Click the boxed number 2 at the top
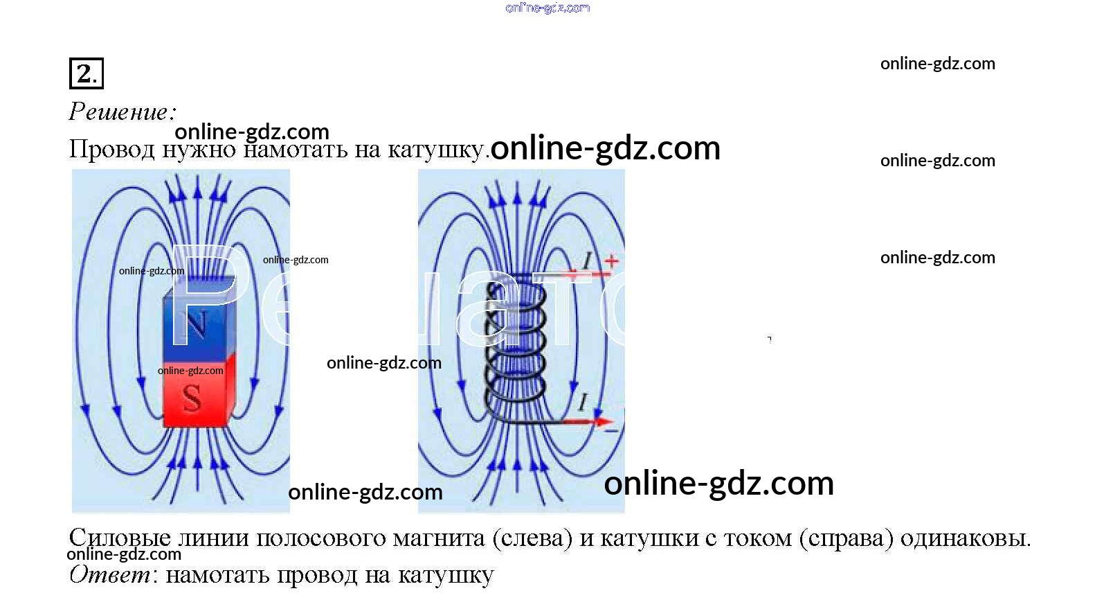coord(86,73)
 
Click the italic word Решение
coord(122,112)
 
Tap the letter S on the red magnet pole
coord(192,398)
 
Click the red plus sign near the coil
coord(611,261)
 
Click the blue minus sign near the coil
coord(611,431)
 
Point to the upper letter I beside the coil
coord(587,261)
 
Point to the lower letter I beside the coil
coord(583,402)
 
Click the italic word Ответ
coord(110,574)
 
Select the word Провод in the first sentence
coord(111,150)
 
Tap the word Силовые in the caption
coord(119,538)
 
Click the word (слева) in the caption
coord(533,538)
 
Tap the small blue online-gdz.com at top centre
coord(547,8)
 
